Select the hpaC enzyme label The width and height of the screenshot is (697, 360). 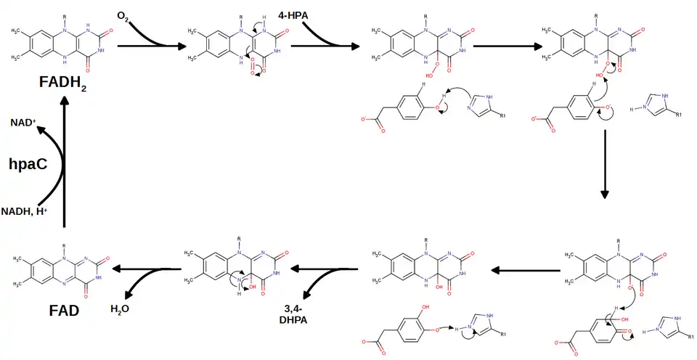(28, 163)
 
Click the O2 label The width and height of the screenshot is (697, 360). (123, 15)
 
